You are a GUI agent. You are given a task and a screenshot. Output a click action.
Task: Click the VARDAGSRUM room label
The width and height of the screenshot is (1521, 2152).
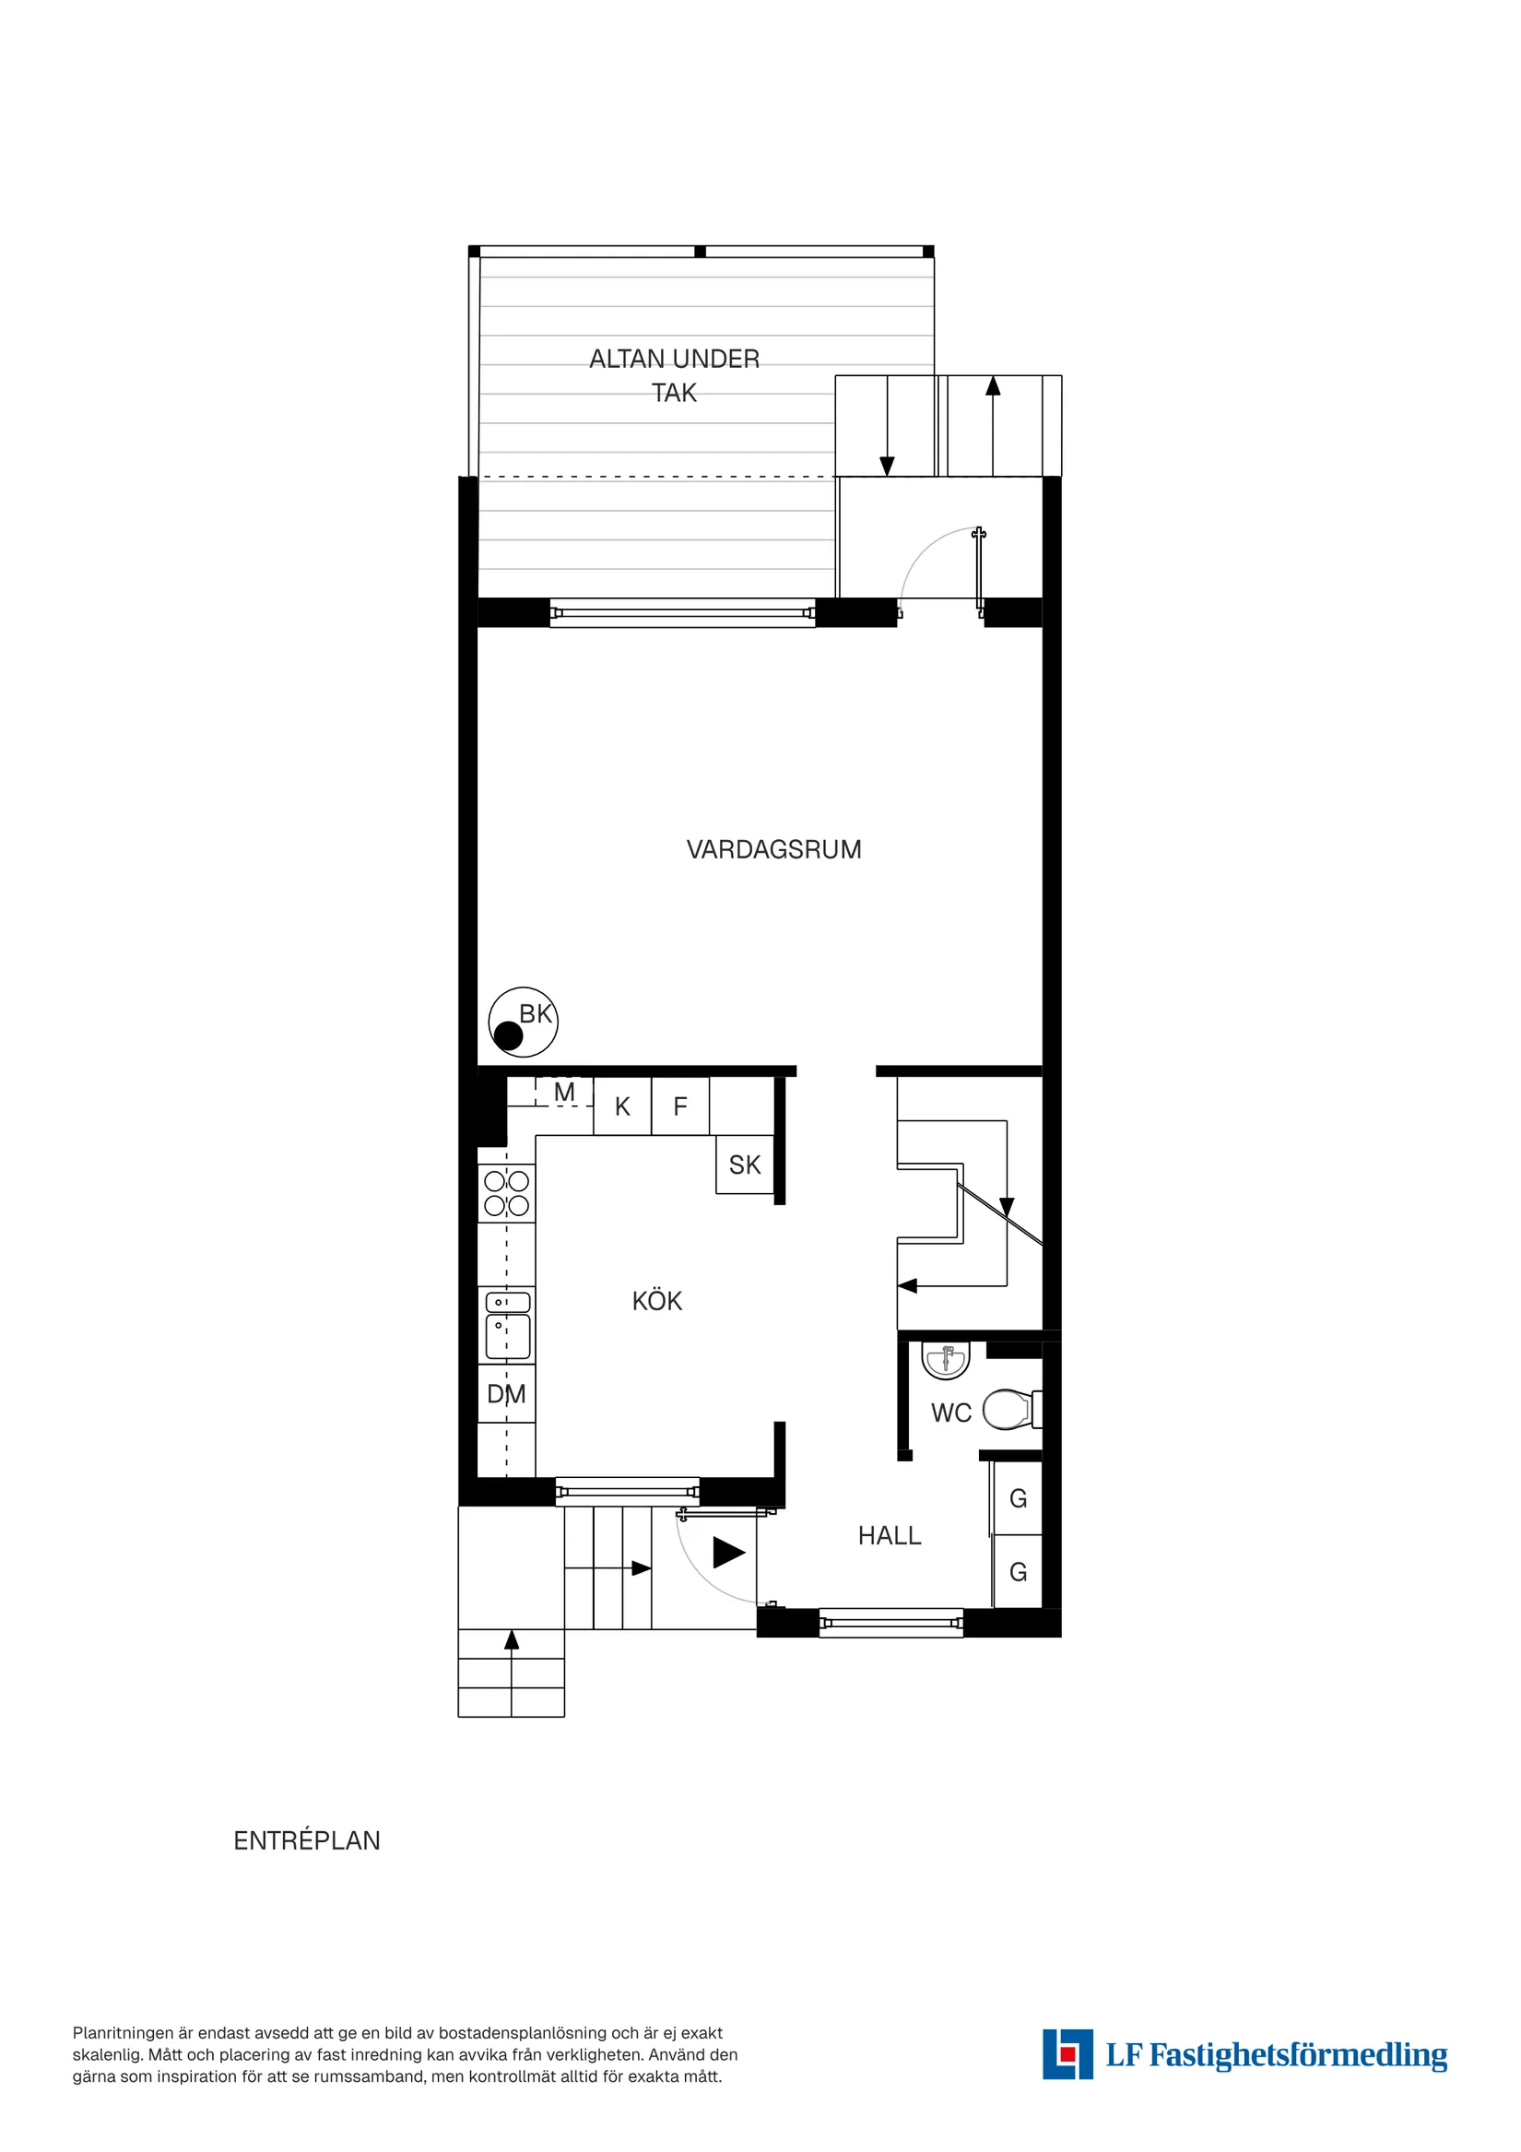tap(773, 849)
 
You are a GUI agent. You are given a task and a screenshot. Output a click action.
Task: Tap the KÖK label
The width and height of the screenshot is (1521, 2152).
tap(657, 1301)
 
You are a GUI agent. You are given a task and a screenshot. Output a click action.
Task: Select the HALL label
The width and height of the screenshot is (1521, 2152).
tap(890, 1535)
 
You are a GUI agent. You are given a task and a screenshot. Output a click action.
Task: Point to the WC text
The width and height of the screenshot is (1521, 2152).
tap(951, 1413)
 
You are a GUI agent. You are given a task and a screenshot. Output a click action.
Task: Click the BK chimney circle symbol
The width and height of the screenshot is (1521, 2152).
tap(523, 1022)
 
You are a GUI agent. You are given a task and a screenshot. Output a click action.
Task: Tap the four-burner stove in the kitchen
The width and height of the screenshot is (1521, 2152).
tap(506, 1193)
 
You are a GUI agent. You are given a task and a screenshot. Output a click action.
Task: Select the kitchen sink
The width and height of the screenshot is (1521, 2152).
tap(507, 1324)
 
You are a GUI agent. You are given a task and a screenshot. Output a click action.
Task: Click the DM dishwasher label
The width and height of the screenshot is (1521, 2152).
tap(506, 1395)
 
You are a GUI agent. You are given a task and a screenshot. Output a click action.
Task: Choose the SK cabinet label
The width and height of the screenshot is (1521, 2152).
tap(745, 1165)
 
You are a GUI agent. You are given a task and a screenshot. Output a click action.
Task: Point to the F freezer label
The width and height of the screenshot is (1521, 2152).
tap(680, 1107)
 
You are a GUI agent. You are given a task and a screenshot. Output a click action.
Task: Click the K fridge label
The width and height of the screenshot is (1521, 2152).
tap(622, 1107)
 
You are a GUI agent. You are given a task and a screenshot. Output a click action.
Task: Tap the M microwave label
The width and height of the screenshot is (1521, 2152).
tap(564, 1092)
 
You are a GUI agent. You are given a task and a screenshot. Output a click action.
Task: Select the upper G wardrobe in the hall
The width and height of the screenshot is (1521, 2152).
tap(1018, 1498)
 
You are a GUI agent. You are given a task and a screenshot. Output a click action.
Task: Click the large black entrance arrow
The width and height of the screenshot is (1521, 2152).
tap(728, 1552)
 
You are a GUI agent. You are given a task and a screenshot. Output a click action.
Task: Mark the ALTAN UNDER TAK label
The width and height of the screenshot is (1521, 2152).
tap(674, 375)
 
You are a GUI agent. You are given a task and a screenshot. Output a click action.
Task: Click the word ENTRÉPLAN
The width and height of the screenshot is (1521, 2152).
tap(306, 1841)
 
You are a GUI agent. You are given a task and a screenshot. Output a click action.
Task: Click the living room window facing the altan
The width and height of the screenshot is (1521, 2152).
tap(682, 613)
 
